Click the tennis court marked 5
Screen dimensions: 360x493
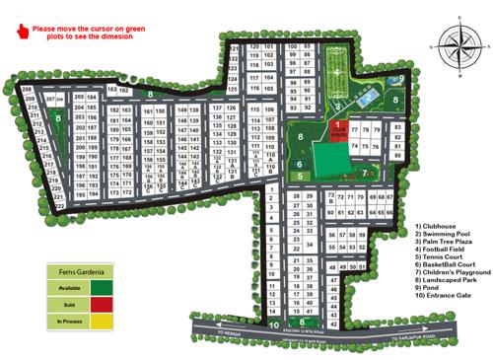[x=300, y=177]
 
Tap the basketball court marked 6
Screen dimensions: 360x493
[x=300, y=164]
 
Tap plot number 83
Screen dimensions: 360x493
[x=396, y=127]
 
